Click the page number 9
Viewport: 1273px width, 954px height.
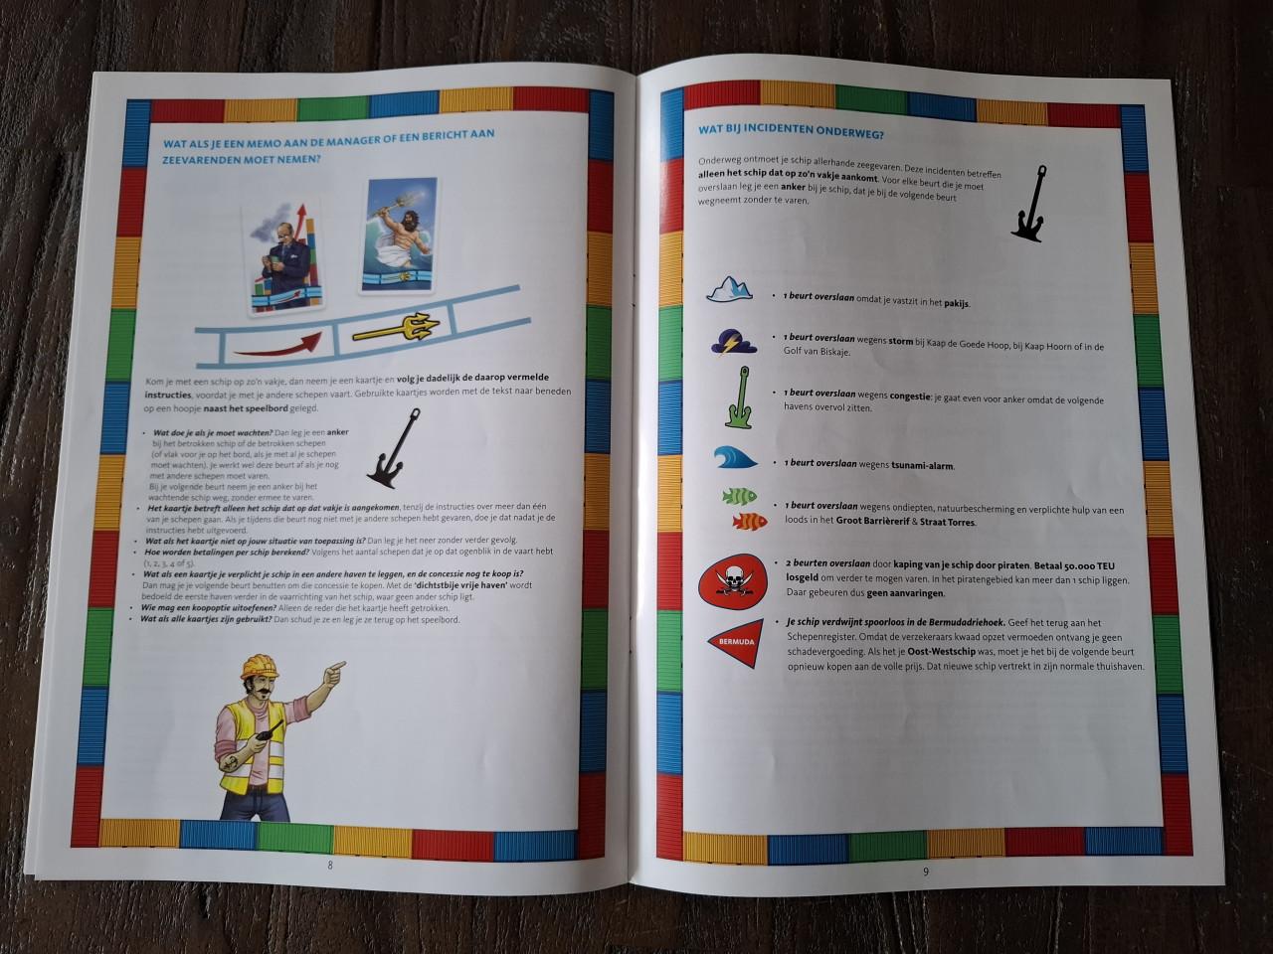tap(925, 872)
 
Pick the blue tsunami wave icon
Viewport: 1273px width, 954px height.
tap(736, 458)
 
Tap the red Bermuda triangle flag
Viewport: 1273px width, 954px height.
tap(737, 640)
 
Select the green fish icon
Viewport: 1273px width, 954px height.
tap(738, 495)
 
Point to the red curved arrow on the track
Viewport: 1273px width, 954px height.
tap(278, 343)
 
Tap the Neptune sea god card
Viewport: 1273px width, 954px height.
tap(398, 236)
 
